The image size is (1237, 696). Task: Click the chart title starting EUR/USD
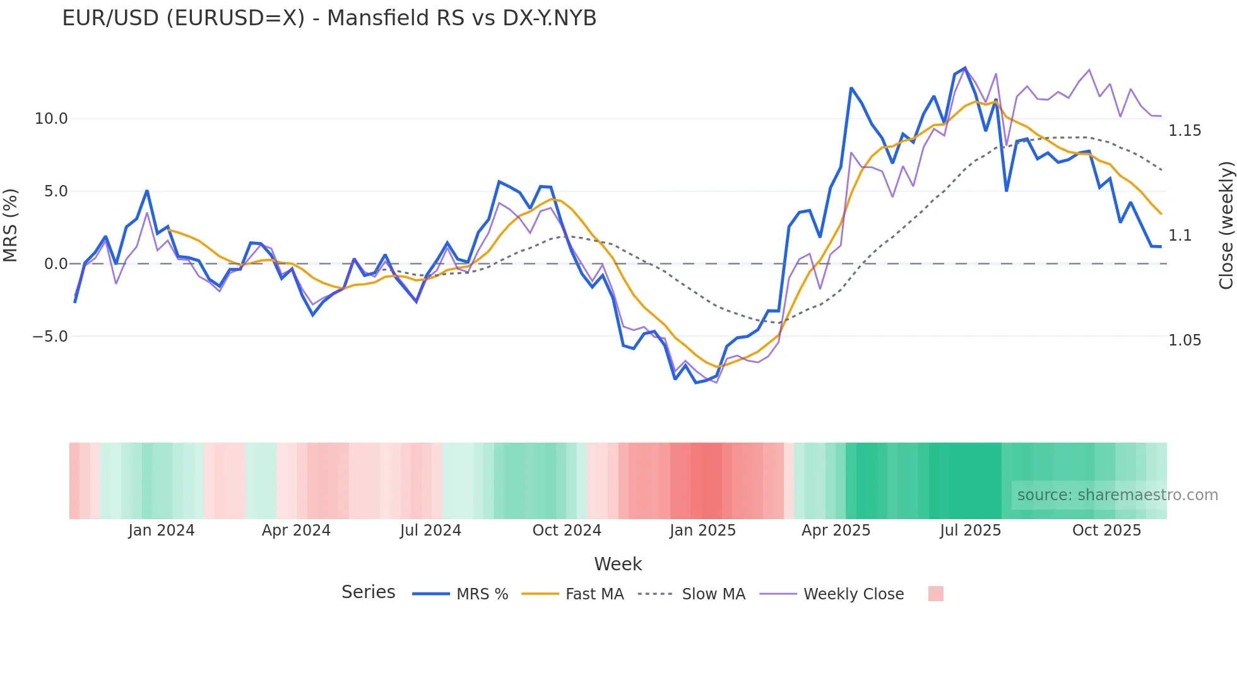tap(329, 18)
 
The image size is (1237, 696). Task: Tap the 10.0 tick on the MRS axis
tap(50, 119)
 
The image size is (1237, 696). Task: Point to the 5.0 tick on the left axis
tap(56, 191)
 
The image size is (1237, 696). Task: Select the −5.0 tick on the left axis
tap(50, 337)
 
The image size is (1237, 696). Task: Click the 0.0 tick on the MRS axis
tap(56, 264)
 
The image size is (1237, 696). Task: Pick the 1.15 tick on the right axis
tap(1185, 131)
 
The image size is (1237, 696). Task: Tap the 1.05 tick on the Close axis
tap(1185, 340)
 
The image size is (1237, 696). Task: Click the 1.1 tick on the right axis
tap(1180, 236)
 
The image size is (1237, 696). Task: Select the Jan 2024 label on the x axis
tap(161, 531)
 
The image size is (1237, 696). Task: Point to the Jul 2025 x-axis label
tap(970, 531)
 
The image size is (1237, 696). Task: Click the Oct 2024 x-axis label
tap(567, 531)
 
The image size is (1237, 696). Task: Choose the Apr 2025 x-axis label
tap(836, 531)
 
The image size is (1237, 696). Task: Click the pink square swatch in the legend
tap(936, 594)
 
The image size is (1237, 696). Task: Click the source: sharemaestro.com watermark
tap(1117, 495)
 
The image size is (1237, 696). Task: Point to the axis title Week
tap(618, 564)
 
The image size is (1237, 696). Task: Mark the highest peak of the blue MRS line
tap(965, 68)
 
